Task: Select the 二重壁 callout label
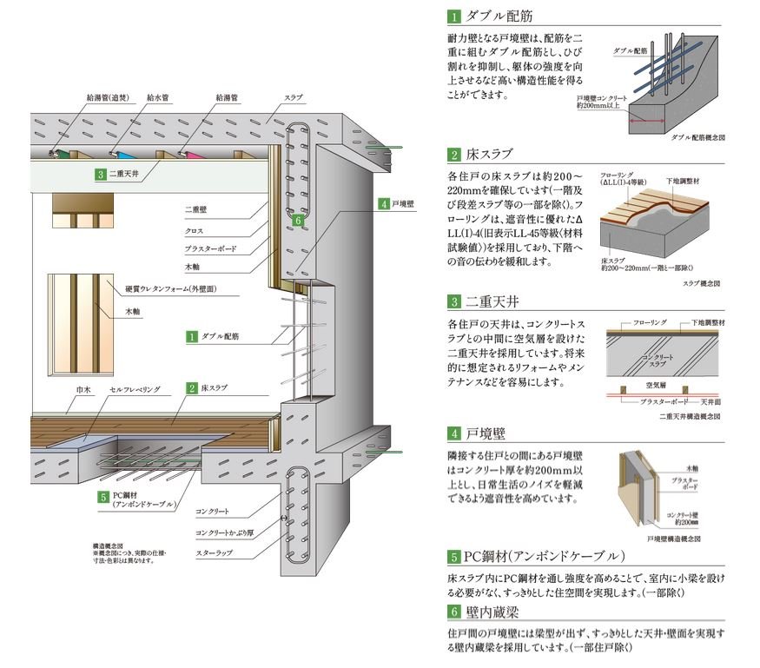pos(195,209)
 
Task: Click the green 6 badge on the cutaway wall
pos(297,222)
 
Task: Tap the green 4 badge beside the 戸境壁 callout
pos(383,204)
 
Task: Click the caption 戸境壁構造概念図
pos(692,539)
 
